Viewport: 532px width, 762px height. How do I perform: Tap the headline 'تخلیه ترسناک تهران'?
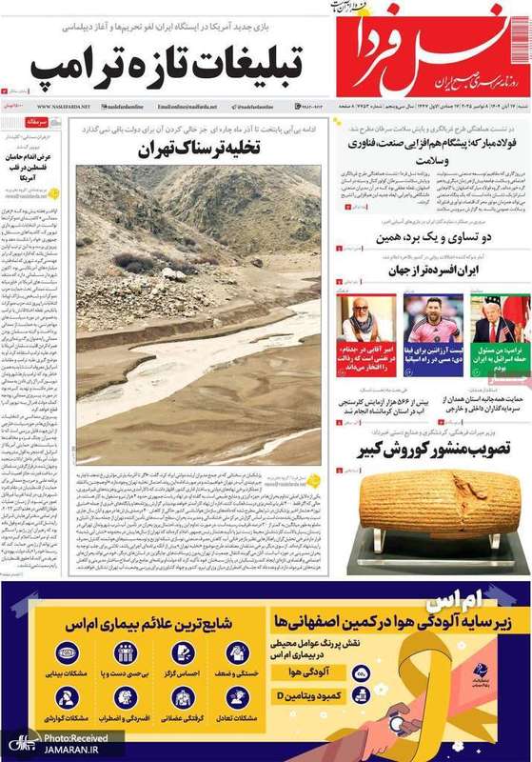tap(198, 149)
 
